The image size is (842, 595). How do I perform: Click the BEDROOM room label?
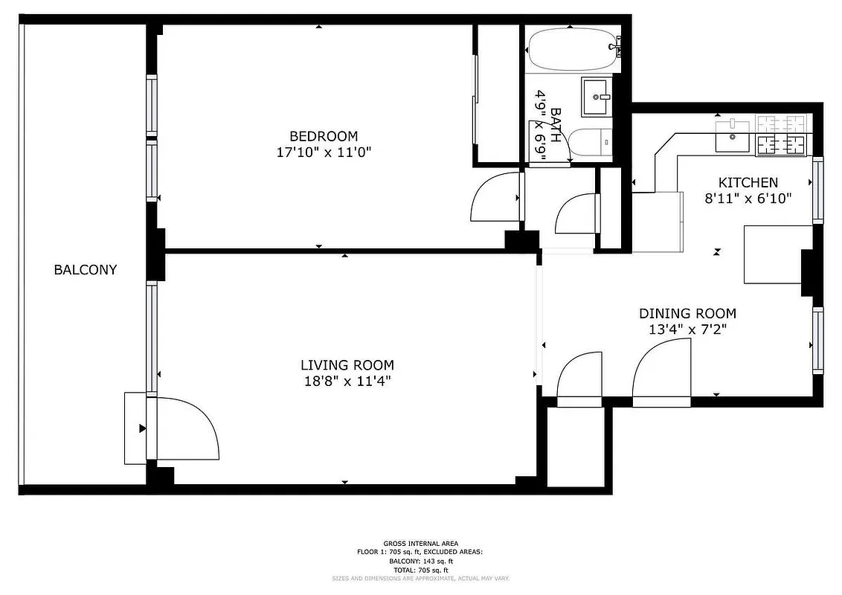[323, 136]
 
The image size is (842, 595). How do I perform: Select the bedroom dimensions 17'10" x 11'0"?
[323, 152]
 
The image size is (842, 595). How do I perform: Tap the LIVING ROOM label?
[347, 365]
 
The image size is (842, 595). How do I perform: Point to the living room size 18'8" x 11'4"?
[347, 382]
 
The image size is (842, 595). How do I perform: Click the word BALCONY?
[85, 270]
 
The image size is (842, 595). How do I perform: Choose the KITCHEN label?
[748, 182]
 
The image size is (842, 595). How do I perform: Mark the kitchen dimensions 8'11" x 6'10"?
[748, 199]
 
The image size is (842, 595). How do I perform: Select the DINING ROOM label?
[687, 314]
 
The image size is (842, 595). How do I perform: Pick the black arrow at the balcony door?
[141, 428]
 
